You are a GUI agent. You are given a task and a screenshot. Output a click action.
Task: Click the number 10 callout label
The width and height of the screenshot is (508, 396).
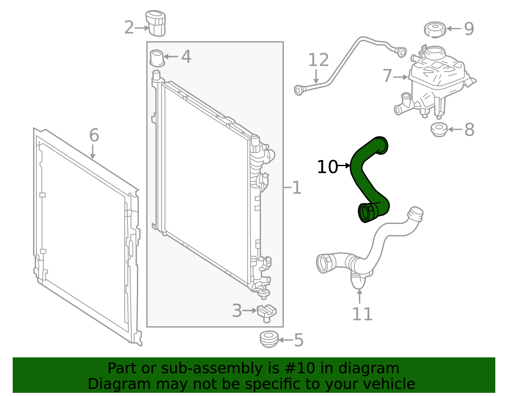tap(327, 167)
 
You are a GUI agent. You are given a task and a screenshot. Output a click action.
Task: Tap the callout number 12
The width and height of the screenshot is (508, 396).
tap(318, 60)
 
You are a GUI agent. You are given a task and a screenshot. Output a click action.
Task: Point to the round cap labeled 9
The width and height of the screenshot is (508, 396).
tap(435, 30)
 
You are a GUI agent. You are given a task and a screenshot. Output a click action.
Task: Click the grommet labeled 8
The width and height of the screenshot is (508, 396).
tap(439, 129)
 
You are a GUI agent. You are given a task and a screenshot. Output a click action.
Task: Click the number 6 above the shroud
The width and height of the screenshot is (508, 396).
tap(94, 135)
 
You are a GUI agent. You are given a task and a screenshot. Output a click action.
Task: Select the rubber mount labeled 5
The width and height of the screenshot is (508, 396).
tap(269, 339)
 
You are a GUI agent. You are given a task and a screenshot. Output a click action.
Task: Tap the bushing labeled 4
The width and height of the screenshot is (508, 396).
tap(157, 58)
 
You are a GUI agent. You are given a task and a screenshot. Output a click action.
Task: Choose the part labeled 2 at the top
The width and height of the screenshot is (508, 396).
tap(156, 23)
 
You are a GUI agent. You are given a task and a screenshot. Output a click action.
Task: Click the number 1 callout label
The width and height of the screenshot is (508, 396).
tap(297, 188)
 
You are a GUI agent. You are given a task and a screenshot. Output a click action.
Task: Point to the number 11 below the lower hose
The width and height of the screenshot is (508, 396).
tap(362, 314)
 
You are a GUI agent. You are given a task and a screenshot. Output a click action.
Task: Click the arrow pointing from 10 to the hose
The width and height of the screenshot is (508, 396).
tap(344, 166)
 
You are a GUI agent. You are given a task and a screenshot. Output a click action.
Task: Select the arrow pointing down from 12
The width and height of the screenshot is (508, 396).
tap(316, 76)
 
